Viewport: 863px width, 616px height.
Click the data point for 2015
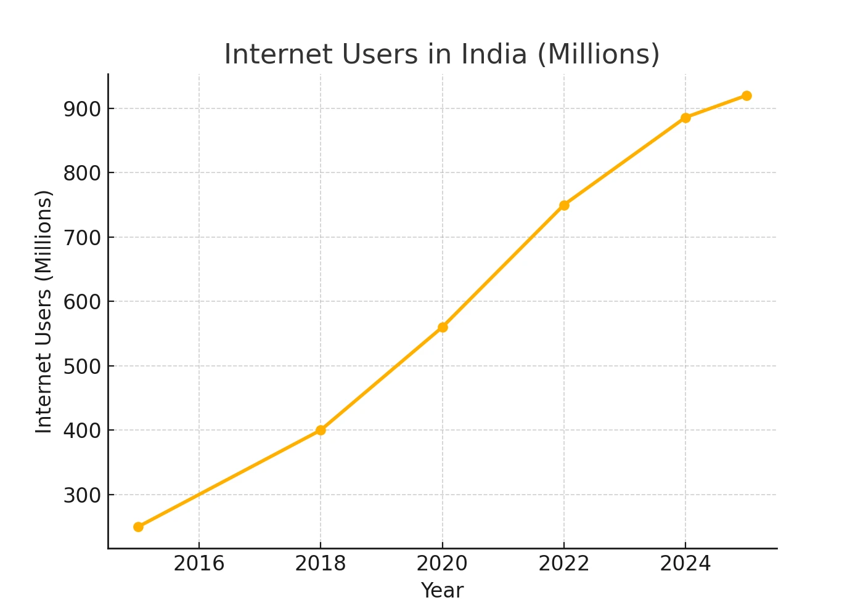(138, 527)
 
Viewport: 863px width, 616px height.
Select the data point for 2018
(321, 430)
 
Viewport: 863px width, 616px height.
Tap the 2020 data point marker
(443, 327)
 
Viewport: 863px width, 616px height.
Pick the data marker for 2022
(564, 205)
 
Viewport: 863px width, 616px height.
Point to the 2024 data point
(685, 118)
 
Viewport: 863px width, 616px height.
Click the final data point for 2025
(746, 95)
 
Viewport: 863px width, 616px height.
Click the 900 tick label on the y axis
(81, 109)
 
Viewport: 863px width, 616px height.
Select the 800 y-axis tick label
(81, 173)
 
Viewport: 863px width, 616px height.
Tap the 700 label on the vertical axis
(81, 237)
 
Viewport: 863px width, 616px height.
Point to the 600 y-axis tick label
(81, 302)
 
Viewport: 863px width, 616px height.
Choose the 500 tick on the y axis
(81, 366)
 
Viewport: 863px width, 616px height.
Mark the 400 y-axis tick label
(81, 431)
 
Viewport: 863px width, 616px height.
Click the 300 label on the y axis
(81, 495)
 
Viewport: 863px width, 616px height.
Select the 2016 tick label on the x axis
(199, 564)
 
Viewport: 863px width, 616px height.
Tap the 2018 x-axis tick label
(321, 564)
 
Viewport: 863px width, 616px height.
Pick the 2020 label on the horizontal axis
(443, 564)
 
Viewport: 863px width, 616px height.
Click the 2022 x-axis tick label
(564, 564)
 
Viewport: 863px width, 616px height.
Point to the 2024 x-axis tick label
(685, 564)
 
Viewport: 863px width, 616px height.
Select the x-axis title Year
(442, 590)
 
